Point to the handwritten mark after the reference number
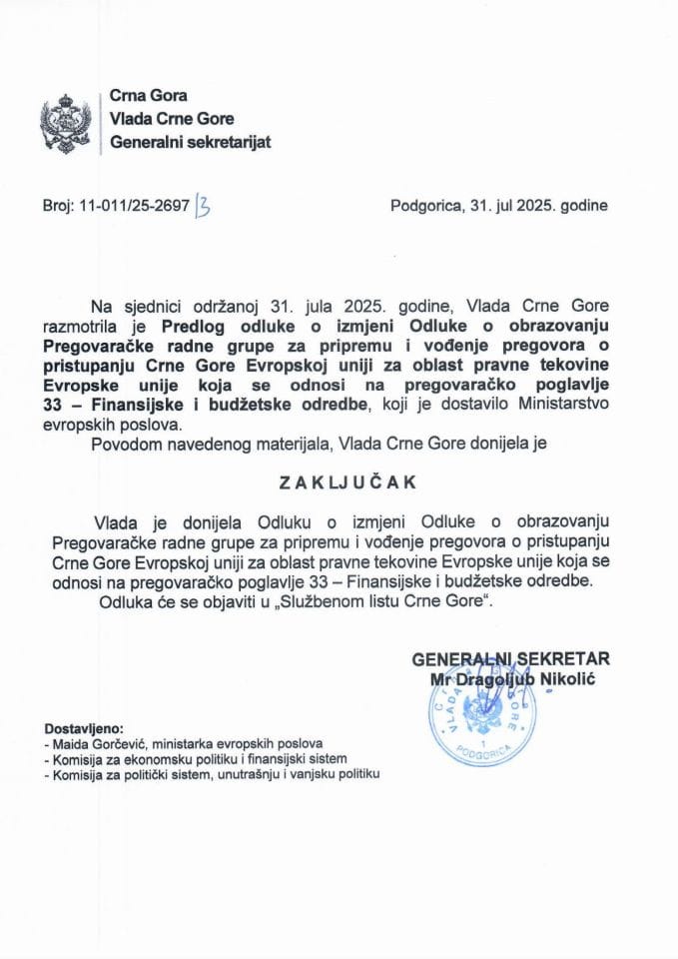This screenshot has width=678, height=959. click(x=205, y=207)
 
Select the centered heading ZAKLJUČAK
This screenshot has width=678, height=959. click(x=339, y=480)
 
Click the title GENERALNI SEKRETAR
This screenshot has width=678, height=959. click(x=510, y=658)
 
